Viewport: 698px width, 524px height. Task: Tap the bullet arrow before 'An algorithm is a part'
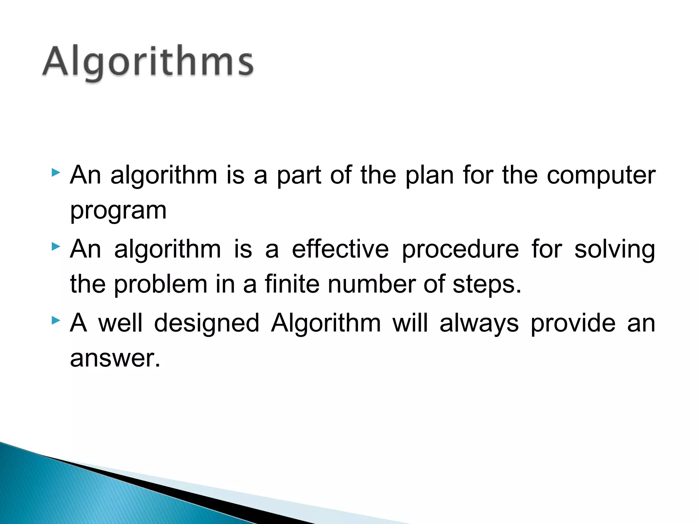point(56,173)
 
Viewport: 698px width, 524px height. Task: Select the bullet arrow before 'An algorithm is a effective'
point(56,246)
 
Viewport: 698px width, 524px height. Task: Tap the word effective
point(340,249)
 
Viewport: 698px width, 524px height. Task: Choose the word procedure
point(460,250)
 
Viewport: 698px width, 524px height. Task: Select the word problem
point(160,285)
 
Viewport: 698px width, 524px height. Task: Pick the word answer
point(115,359)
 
